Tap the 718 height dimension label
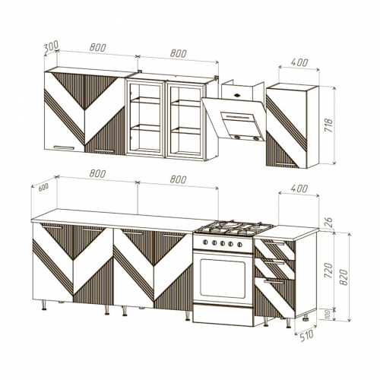pos(328,125)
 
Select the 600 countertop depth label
pos(43,188)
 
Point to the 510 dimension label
pos(307,336)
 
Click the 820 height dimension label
pos(344,277)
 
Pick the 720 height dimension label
pos(328,271)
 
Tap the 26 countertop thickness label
pos(328,223)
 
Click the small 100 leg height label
pos(328,314)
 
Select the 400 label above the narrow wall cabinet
pos(299,62)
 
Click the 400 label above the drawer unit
pos(299,188)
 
